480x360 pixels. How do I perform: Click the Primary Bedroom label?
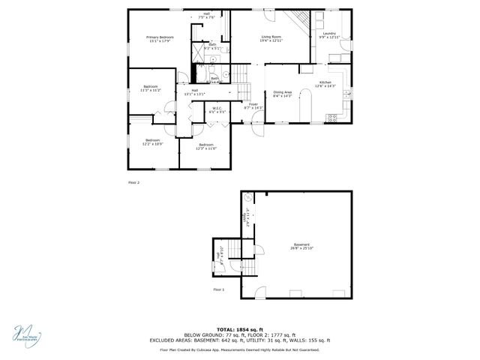tap(160, 38)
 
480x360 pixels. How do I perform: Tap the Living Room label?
tap(271, 38)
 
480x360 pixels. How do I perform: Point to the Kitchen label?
tap(325, 84)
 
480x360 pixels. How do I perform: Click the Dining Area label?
tap(282, 94)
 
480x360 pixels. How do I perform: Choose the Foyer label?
tap(253, 106)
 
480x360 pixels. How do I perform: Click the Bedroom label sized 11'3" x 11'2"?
tap(151, 88)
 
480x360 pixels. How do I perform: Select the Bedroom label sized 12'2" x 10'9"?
tap(153, 142)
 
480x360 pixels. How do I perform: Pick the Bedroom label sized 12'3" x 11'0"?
tap(206, 146)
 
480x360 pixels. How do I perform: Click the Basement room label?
tap(301, 246)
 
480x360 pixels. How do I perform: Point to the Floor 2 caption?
tap(133, 182)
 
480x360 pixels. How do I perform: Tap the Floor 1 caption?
tap(218, 289)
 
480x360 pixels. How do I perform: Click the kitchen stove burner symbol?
tap(332, 116)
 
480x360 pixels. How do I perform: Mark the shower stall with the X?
tap(199, 52)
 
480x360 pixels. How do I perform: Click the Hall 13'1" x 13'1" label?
tap(194, 92)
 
